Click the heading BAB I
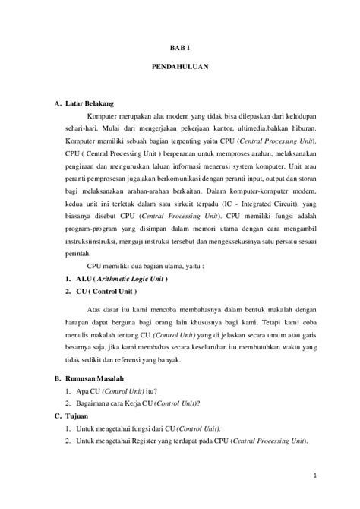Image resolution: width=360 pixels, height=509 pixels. pos(179,47)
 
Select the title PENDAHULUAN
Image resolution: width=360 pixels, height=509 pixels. pos(179,67)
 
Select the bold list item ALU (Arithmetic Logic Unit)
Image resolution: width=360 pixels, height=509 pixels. pos(121,279)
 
